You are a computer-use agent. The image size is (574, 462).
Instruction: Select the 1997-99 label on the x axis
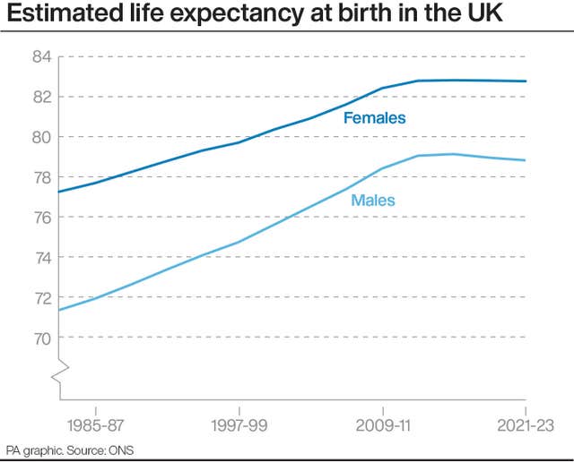[x=239, y=424]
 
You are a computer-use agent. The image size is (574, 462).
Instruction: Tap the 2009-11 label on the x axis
[x=383, y=424]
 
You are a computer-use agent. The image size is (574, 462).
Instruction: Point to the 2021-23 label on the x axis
[x=524, y=424]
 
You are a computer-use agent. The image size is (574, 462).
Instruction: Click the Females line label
[x=375, y=118]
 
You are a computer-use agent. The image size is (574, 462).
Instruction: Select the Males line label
[x=373, y=200]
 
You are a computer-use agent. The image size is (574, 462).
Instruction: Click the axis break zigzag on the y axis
[x=59, y=371]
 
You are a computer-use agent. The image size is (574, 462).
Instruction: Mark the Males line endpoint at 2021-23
[x=526, y=160]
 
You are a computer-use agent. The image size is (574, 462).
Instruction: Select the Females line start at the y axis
[x=59, y=192]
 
